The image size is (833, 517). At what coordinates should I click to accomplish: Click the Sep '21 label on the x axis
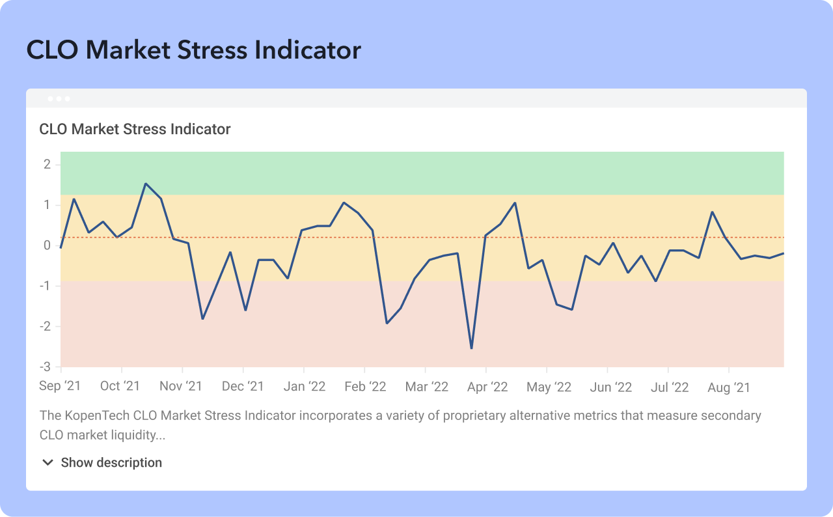point(60,386)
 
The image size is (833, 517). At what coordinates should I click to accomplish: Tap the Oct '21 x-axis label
point(120,386)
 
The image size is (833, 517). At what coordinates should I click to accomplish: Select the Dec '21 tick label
point(243,386)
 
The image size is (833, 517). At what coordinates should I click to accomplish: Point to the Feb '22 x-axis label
point(365,386)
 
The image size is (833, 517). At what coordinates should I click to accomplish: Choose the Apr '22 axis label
point(487,386)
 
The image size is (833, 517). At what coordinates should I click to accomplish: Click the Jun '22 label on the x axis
point(610,387)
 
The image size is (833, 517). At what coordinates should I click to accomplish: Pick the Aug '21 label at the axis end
point(728,387)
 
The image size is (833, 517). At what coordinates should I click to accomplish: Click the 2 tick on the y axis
point(48,164)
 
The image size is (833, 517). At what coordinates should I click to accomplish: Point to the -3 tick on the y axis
point(46,367)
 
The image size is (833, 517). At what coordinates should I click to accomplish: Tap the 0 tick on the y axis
point(48,245)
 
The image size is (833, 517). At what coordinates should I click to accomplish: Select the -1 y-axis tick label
point(46,286)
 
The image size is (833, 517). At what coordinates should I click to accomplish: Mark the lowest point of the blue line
point(471,348)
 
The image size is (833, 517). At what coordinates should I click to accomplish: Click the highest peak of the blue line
point(146,184)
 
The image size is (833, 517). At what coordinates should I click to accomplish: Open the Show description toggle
point(111,463)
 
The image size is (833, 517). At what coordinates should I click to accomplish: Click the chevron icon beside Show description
point(48,463)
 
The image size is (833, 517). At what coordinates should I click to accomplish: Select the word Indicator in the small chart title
point(200,129)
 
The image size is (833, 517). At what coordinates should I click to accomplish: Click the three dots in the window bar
point(59,99)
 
